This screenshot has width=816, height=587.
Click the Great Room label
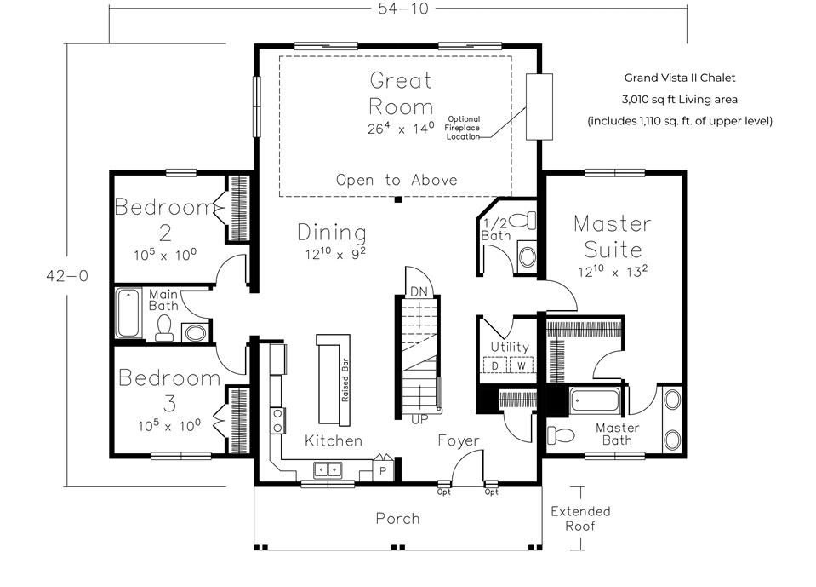[x=400, y=94]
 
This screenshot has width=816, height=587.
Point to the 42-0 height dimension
[x=66, y=274]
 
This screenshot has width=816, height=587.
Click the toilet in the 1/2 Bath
[x=528, y=221]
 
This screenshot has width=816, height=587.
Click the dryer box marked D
[x=494, y=365]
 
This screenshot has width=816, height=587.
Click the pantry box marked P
[x=383, y=469]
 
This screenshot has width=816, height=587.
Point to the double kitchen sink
[x=328, y=469]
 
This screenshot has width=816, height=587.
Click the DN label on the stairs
[x=419, y=291]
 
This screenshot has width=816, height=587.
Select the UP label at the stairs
[x=419, y=420]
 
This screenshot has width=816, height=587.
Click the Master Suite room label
[x=612, y=237]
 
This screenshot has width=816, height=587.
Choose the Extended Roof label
[x=580, y=518]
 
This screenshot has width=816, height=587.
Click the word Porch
[x=397, y=518]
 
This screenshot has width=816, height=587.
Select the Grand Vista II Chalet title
[x=679, y=78]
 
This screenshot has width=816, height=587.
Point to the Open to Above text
[x=396, y=180]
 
